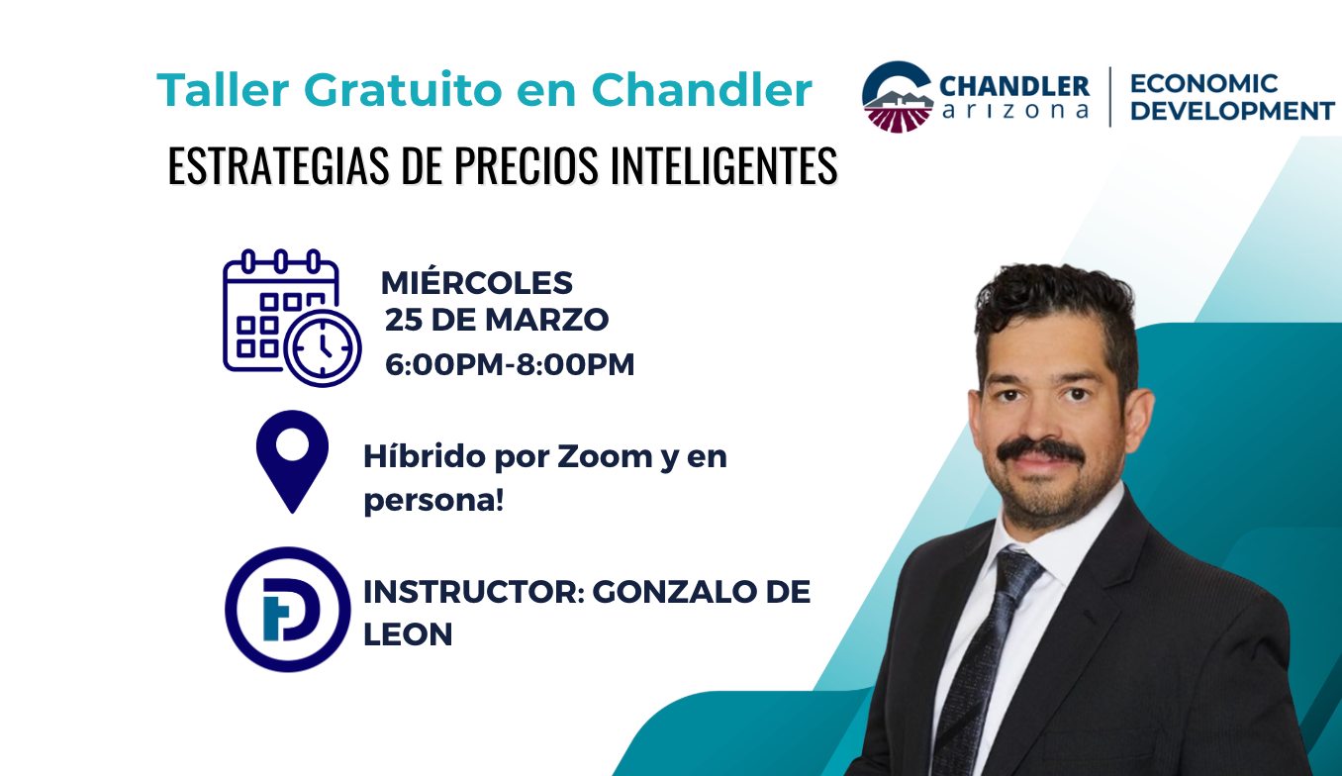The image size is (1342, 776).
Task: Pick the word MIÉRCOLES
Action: coord(477,283)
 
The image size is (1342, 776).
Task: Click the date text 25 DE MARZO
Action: coord(497,321)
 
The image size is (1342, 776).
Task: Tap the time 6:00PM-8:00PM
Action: coord(510,364)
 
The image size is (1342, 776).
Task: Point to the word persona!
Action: coord(433,501)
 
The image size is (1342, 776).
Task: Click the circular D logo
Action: coord(288,610)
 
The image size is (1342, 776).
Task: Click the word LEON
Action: coord(408,634)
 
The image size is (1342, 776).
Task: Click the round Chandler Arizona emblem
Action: coord(897,97)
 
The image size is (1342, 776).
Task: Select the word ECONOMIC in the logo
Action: coord(1203,84)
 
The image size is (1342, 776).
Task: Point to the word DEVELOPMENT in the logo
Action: coord(1232,112)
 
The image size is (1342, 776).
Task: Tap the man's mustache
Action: coord(1040,451)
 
